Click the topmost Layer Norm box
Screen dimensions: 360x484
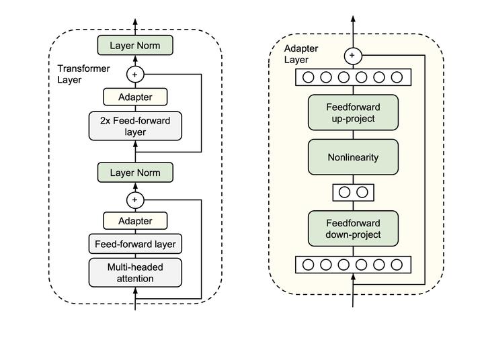point(135,46)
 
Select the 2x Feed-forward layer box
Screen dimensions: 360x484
point(135,126)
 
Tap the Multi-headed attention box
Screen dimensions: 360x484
point(135,273)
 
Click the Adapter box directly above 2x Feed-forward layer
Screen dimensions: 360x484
point(135,97)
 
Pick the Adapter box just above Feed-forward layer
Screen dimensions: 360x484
point(135,221)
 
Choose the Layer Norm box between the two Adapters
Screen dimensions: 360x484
point(135,173)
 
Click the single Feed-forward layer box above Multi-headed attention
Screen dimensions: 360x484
point(135,244)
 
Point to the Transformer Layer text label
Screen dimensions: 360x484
point(79,75)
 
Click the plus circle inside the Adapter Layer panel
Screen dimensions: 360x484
point(353,56)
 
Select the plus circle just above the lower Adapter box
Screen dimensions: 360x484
point(135,199)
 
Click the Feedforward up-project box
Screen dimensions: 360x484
point(353,113)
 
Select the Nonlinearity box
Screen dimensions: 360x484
point(353,158)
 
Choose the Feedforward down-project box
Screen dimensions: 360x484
point(353,228)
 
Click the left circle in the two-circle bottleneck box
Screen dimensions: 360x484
point(344,193)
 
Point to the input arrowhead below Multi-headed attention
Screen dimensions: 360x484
point(135,291)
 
